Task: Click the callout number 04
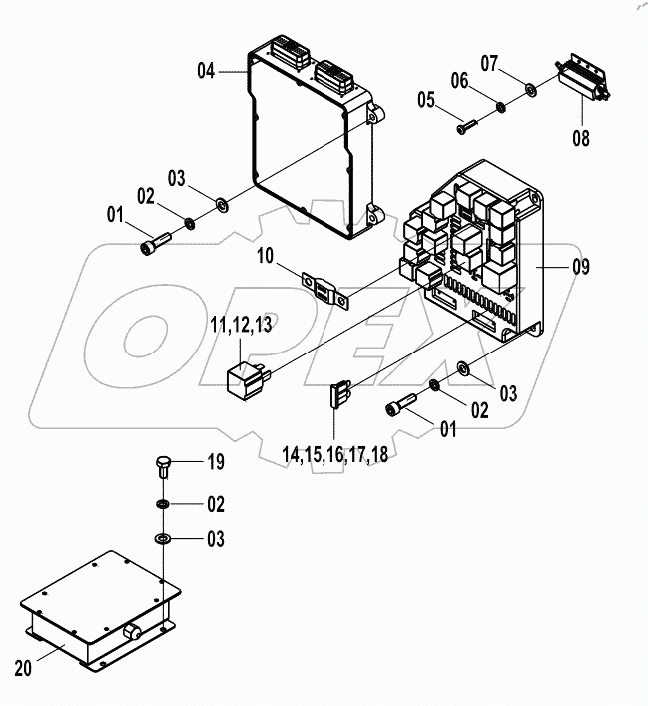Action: tap(206, 70)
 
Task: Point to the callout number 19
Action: tap(215, 463)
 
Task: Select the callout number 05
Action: tap(426, 100)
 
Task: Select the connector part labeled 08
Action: tap(579, 80)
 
